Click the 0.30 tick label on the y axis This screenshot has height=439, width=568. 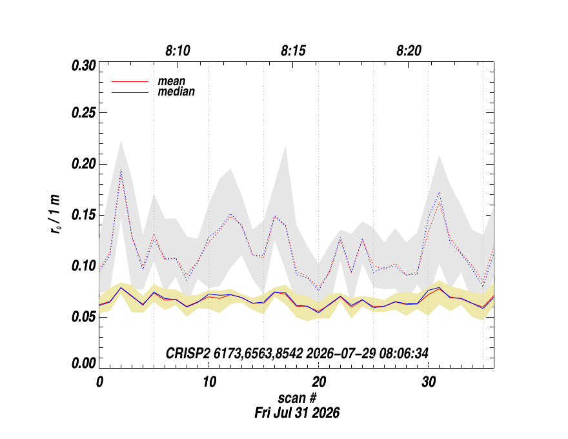pos(84,66)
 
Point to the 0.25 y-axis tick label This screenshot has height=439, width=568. pos(84,112)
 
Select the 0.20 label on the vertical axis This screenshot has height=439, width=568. pos(84,164)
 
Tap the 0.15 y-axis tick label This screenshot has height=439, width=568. pos(84,215)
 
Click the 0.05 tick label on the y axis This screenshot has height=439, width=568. pos(84,317)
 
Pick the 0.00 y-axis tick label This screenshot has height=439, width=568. pos(84,363)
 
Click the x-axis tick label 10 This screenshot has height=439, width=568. pos(209,382)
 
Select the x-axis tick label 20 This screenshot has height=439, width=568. pos(319,382)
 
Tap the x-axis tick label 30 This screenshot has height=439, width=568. pos(429,382)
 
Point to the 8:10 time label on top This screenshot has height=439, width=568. pos(177,51)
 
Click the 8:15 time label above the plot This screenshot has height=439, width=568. pos(293,51)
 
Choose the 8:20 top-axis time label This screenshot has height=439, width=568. pos(409,51)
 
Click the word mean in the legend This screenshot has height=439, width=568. pos(171,81)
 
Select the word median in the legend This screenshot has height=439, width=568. pos(176,91)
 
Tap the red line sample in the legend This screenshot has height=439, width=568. pos(130,82)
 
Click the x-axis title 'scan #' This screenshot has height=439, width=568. pos(297,398)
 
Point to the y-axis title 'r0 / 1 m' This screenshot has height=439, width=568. pos(55,214)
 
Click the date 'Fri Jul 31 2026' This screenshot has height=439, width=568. pos(297,413)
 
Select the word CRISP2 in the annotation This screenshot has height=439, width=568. pos(188,353)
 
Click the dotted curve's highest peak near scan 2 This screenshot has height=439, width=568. pos(121,170)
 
